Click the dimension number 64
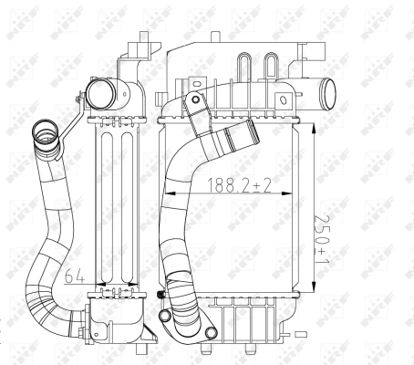[75, 271]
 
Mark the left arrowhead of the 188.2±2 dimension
[166, 193]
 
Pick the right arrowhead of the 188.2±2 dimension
[296, 193]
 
